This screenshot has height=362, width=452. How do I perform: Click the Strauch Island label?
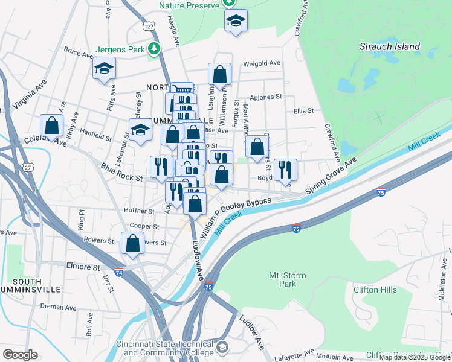(x=389, y=46)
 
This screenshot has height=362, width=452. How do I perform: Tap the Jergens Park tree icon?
(x=156, y=48)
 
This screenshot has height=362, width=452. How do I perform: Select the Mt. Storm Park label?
(x=287, y=279)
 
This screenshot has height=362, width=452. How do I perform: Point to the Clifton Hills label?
(x=375, y=290)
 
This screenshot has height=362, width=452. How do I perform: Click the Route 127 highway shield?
(x=150, y=26)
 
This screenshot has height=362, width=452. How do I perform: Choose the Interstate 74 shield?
(x=118, y=272)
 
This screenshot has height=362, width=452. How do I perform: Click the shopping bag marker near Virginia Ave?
(x=52, y=125)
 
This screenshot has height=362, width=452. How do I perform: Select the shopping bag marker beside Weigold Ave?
(x=219, y=74)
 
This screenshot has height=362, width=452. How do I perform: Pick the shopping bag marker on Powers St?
(x=132, y=243)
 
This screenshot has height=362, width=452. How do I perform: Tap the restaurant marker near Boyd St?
(x=285, y=170)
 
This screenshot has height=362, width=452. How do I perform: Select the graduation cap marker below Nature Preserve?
(x=236, y=21)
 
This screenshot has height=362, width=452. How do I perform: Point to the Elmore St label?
(x=83, y=266)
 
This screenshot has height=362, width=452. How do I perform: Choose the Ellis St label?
(x=303, y=111)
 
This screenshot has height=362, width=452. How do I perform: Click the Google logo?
(x=21, y=354)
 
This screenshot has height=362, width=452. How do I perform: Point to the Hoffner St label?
(x=139, y=211)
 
